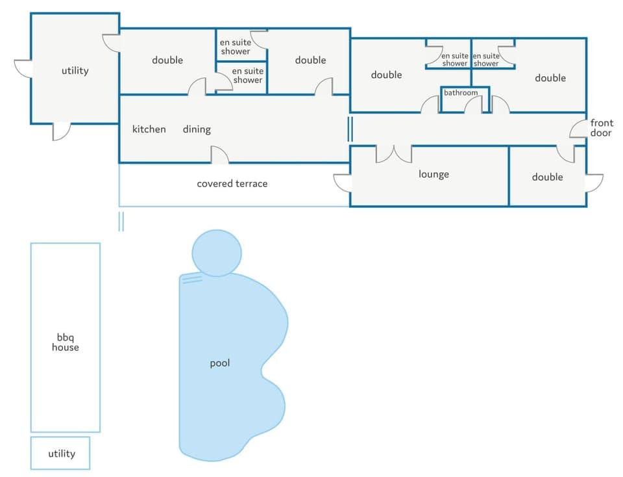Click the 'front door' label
pyautogui.click(x=601, y=128)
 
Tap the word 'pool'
pyautogui.click(x=220, y=363)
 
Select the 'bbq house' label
pyautogui.click(x=66, y=342)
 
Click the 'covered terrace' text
pyautogui.click(x=232, y=184)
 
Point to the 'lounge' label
pyautogui.click(x=434, y=174)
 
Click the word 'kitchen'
pyautogui.click(x=149, y=129)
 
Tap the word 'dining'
pyautogui.click(x=197, y=129)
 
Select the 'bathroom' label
pyautogui.click(x=461, y=93)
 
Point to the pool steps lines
pyautogui.click(x=191, y=280)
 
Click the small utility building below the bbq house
pyautogui.click(x=60, y=454)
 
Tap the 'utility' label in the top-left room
pyautogui.click(x=75, y=70)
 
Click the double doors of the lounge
pyautogui.click(x=393, y=153)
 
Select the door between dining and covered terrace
pyautogui.click(x=219, y=155)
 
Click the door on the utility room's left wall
pyautogui.click(x=23, y=68)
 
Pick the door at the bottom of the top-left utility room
pyautogui.click(x=61, y=131)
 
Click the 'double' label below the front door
pyautogui.click(x=547, y=177)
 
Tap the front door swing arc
pyautogui.click(x=578, y=129)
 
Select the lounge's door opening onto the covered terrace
pyautogui.click(x=342, y=183)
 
